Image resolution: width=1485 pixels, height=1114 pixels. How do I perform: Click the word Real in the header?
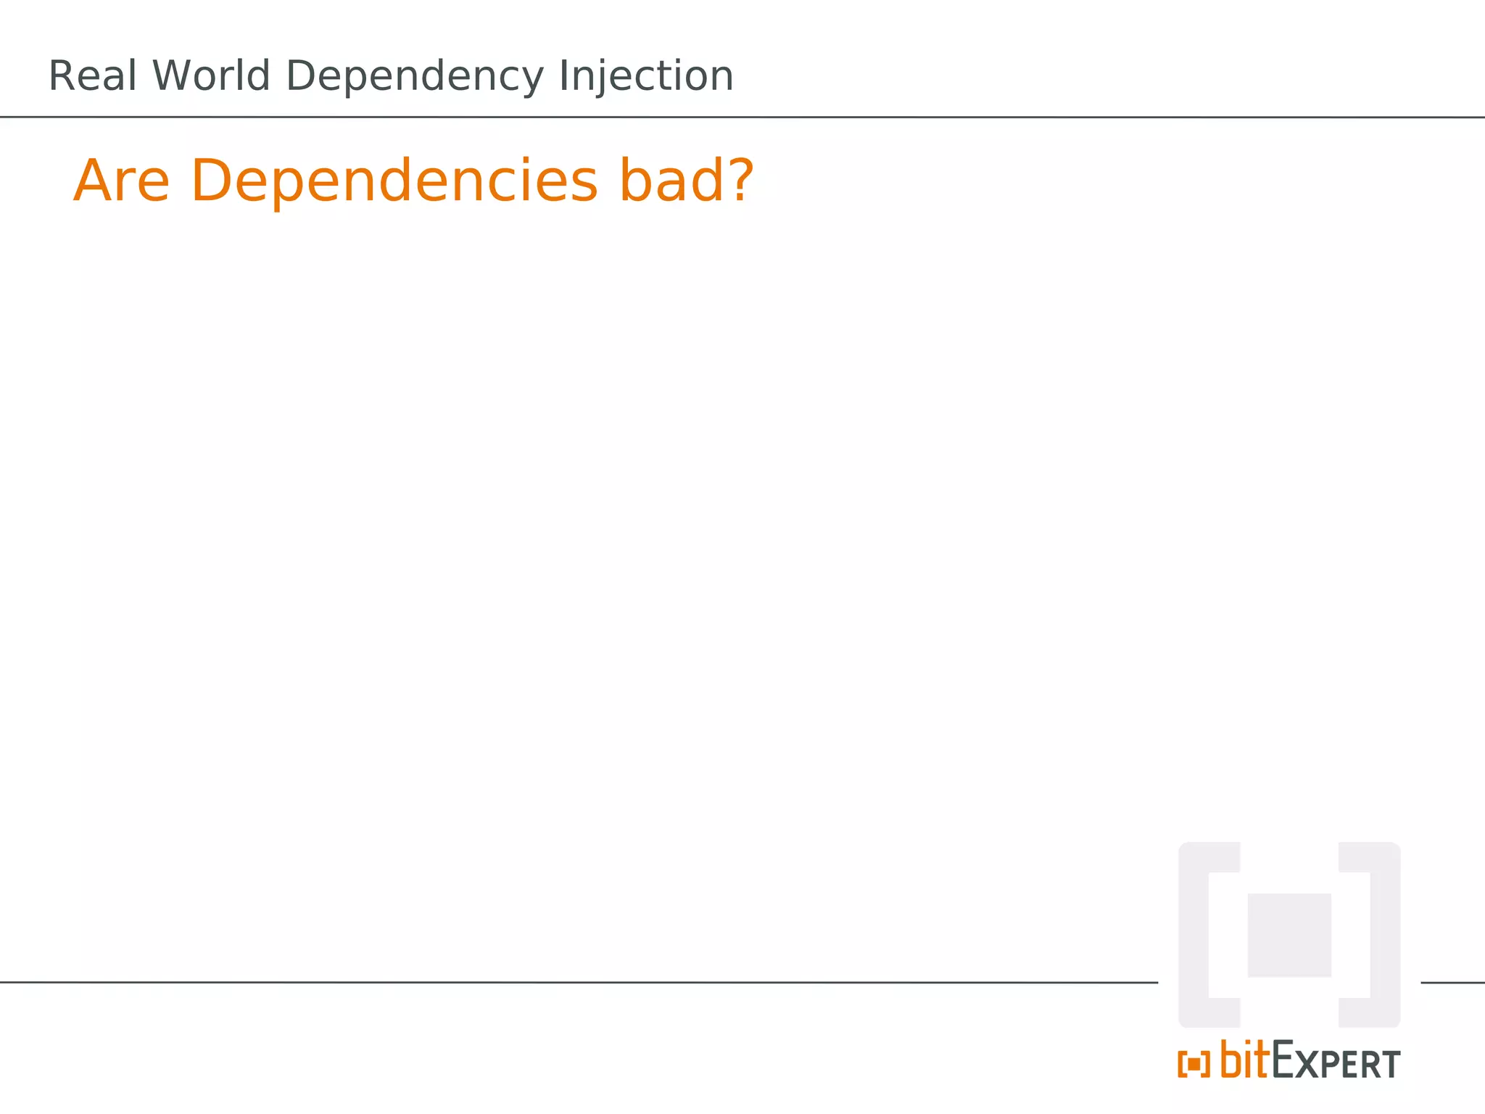click(x=93, y=76)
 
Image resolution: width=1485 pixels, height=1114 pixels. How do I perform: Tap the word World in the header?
click(x=211, y=76)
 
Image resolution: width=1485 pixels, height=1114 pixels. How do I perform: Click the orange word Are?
click(x=122, y=181)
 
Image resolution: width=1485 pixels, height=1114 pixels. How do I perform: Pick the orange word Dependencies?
click(x=394, y=182)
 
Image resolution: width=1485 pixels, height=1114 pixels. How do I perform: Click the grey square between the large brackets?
click(x=1289, y=935)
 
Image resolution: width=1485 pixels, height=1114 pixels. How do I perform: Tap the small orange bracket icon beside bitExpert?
click(x=1194, y=1064)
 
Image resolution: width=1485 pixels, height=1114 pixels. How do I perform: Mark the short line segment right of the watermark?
click(x=1452, y=983)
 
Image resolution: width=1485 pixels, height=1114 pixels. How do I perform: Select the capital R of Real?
click(x=62, y=76)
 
